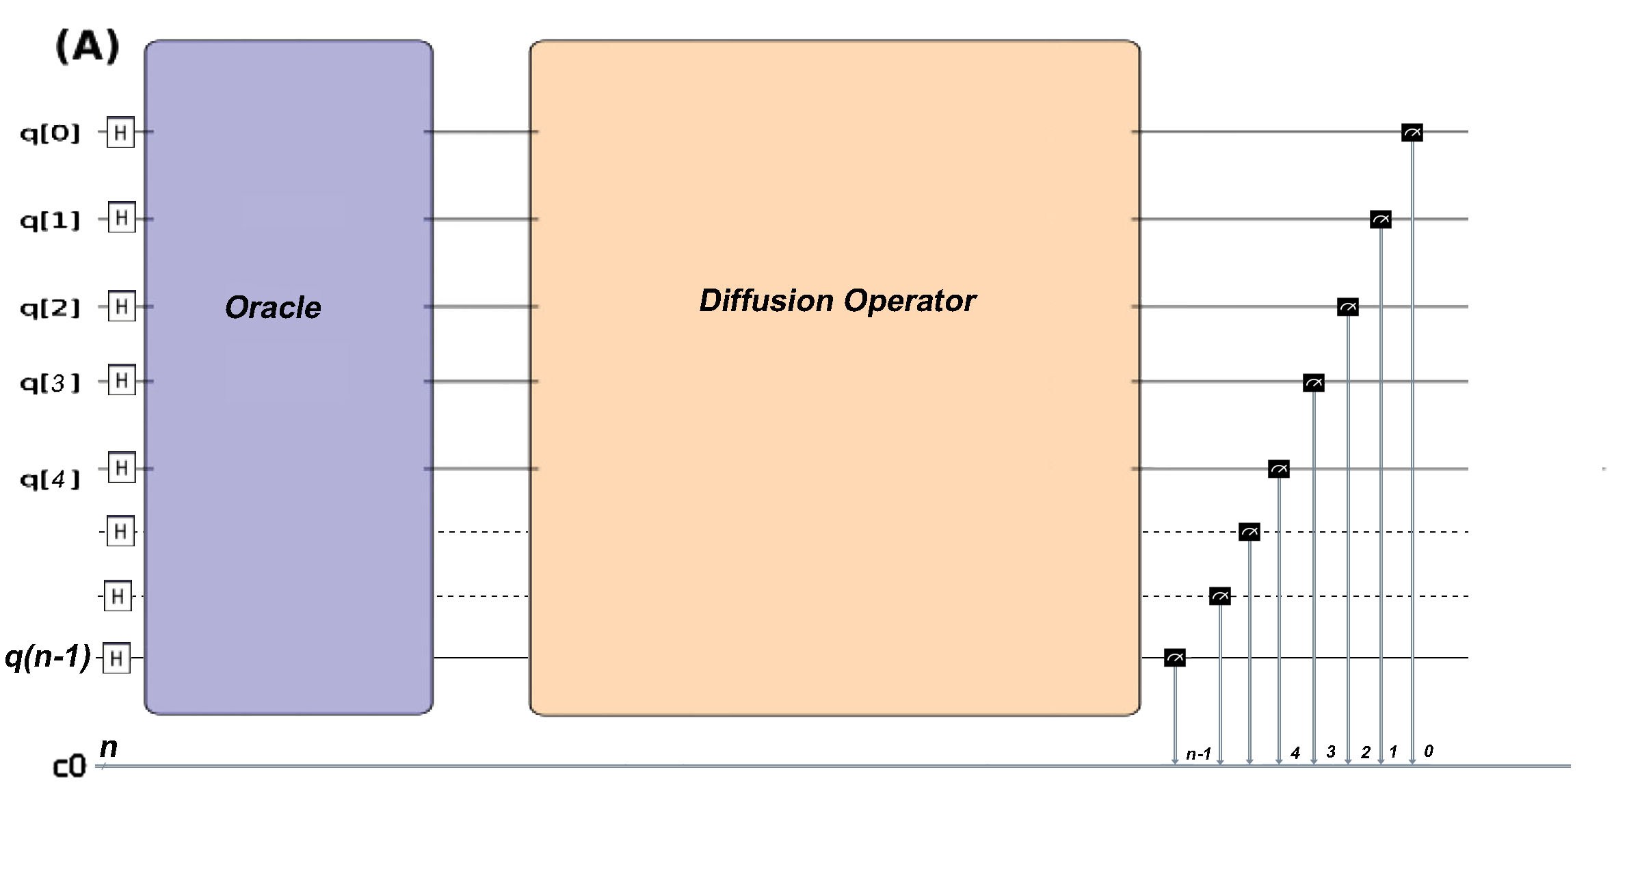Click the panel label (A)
[88, 46]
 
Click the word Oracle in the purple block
[273, 307]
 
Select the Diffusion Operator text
[837, 301]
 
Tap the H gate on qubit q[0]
[120, 132]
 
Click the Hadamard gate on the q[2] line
[122, 306]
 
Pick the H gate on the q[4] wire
[122, 468]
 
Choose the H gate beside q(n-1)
[116, 658]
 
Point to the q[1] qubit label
[50, 220]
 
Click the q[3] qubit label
[50, 383]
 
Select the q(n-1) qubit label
[47, 657]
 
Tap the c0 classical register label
[69, 767]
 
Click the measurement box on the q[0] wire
[1412, 133]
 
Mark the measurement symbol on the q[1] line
[1380, 219]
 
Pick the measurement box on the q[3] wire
[1313, 383]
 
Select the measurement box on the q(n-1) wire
[1174, 658]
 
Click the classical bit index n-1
[1198, 754]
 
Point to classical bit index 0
[1428, 751]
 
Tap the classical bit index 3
[1330, 752]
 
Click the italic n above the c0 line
[109, 747]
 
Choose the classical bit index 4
[1295, 753]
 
